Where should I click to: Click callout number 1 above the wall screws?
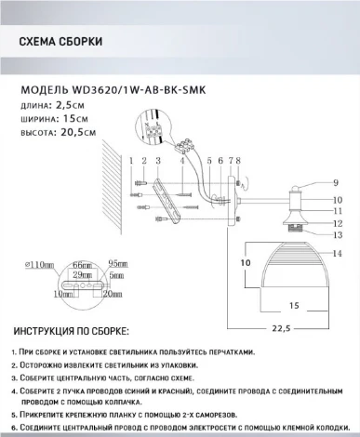tap(133, 161)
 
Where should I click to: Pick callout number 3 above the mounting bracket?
tap(155, 161)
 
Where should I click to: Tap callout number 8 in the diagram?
tap(238, 161)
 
